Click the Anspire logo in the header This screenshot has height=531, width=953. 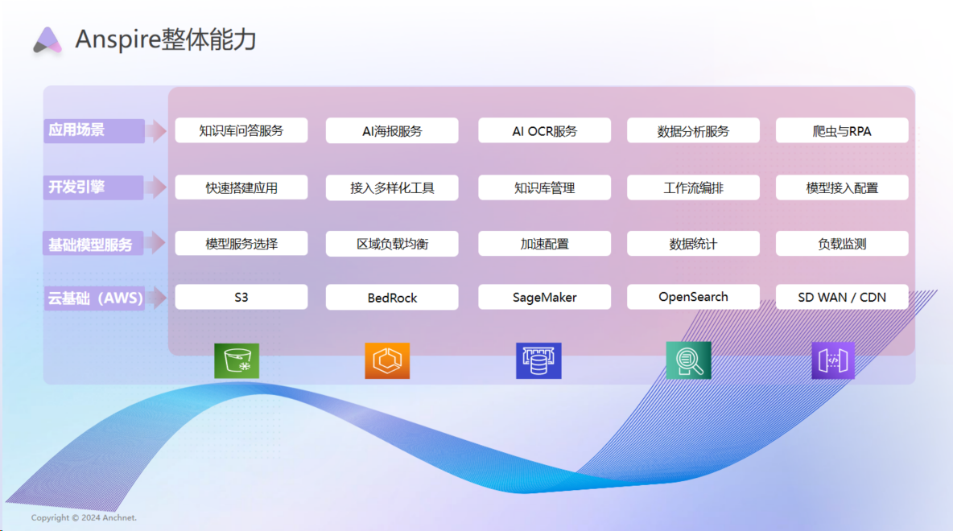(47, 40)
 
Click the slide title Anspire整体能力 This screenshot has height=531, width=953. (166, 39)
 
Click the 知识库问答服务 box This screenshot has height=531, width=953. (241, 130)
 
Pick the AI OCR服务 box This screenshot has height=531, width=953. (544, 130)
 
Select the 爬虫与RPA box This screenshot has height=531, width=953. (842, 130)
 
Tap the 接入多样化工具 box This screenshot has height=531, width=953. (392, 187)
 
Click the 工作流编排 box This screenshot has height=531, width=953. (693, 187)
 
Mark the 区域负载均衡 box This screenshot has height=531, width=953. (392, 243)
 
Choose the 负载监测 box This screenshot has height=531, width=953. (842, 243)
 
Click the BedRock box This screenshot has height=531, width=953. (392, 297)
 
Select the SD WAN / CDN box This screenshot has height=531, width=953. (842, 297)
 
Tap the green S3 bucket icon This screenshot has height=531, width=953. (237, 360)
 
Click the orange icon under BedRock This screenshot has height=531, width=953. (387, 360)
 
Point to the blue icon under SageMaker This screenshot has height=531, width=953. (538, 360)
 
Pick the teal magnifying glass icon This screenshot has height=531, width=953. (689, 360)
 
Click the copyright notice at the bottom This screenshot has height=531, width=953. (84, 518)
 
